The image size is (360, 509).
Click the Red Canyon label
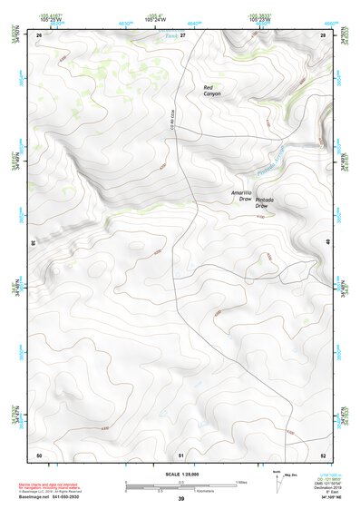coord(211,90)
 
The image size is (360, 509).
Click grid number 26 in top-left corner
coord(39,34)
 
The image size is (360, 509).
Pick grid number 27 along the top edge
coord(181,34)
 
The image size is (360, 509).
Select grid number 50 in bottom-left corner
coord(39,454)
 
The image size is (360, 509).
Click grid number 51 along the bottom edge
coord(181,454)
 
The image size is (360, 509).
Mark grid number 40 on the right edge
coord(327,240)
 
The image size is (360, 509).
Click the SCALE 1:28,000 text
coord(180,474)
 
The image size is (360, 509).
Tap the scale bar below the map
coord(181,485)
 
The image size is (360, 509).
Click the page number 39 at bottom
coord(181,499)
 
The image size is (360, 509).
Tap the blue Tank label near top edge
coord(170,35)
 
